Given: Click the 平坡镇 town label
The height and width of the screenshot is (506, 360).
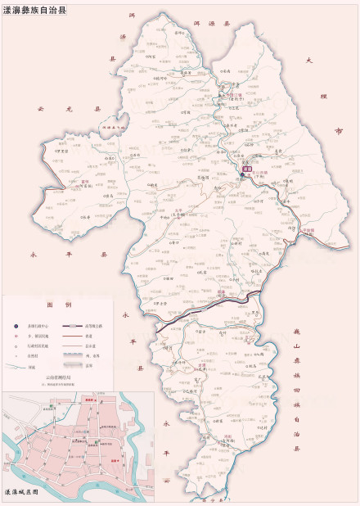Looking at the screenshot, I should coord(308,232).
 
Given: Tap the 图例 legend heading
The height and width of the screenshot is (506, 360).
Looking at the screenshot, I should coord(56,304).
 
